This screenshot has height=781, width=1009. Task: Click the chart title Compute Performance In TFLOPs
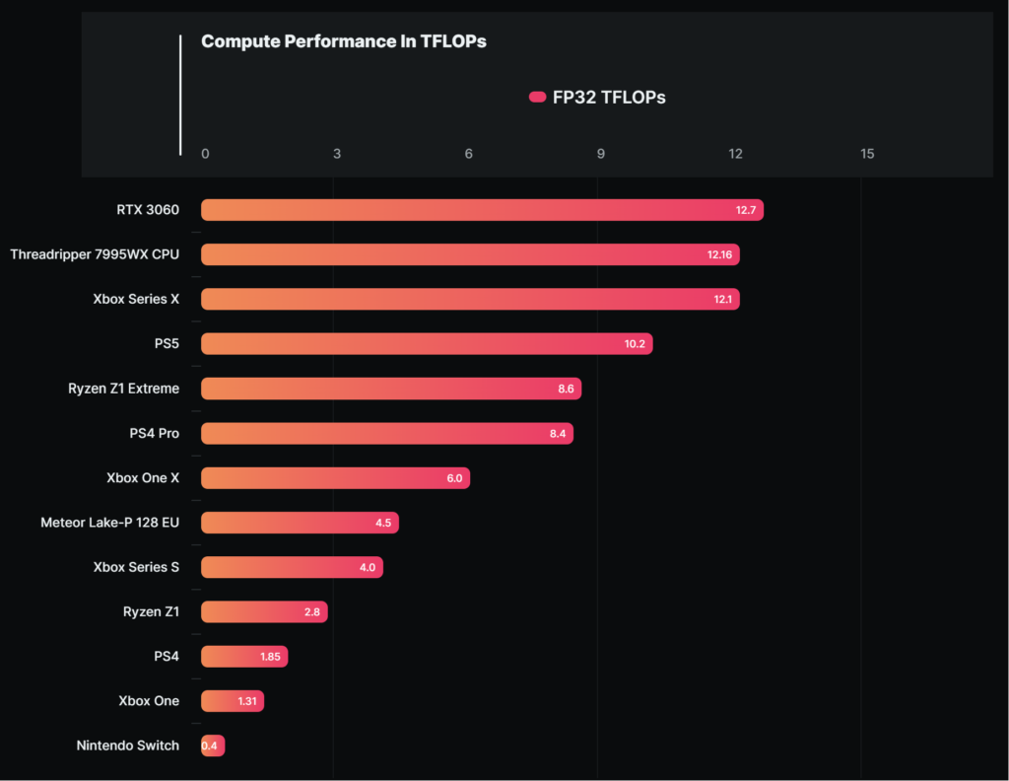pyautogui.click(x=344, y=41)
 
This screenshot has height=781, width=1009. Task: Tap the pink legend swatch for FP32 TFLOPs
pyautogui.click(x=537, y=98)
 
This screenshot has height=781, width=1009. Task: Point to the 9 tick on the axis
pyautogui.click(x=600, y=154)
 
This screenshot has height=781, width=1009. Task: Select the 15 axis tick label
pyautogui.click(x=867, y=154)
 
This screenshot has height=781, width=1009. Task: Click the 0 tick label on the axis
pyautogui.click(x=205, y=154)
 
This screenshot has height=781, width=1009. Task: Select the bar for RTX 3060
pyautogui.click(x=482, y=210)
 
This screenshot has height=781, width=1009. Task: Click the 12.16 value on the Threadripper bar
pyautogui.click(x=719, y=254)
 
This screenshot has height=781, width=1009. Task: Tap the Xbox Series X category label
pyautogui.click(x=136, y=299)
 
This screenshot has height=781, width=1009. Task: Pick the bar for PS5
pyautogui.click(x=427, y=344)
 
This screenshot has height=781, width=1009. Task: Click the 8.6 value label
pyautogui.click(x=566, y=389)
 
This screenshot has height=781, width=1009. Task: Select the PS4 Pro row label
pyautogui.click(x=155, y=433)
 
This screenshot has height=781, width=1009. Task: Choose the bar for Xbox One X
pyautogui.click(x=335, y=477)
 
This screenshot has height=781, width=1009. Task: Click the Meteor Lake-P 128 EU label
pyautogui.click(x=110, y=523)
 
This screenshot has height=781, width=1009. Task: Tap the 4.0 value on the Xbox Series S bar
pyautogui.click(x=368, y=567)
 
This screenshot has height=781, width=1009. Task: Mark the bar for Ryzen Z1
pyautogui.click(x=264, y=611)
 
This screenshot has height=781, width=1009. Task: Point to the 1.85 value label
pyautogui.click(x=270, y=656)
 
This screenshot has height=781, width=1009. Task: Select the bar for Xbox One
pyautogui.click(x=233, y=701)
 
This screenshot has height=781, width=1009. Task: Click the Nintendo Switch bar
pyautogui.click(x=213, y=745)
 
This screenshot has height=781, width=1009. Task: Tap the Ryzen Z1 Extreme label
pyautogui.click(x=123, y=389)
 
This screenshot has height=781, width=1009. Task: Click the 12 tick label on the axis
pyautogui.click(x=735, y=154)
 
